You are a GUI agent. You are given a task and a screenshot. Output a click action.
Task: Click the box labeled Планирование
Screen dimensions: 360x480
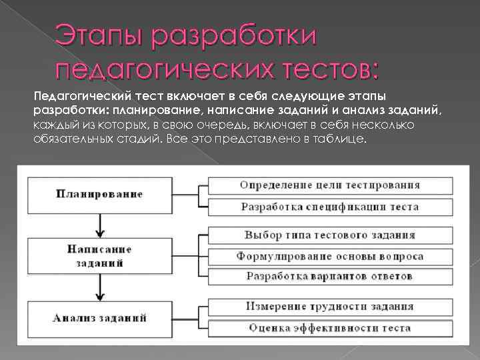[x=99, y=194]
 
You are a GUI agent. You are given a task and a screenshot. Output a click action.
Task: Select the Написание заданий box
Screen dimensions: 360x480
[x=99, y=256]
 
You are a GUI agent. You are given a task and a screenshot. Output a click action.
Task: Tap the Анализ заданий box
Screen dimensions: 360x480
[x=99, y=317]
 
